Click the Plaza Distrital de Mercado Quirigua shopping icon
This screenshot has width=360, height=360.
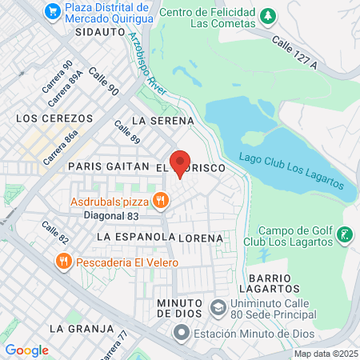coord(54,11)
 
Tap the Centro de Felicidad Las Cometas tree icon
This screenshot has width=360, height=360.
coord(270,15)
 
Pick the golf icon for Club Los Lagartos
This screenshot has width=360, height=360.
coord(344,234)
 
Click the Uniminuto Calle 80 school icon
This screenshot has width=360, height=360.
coord(218,308)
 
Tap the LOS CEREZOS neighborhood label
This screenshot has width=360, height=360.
coord(49,118)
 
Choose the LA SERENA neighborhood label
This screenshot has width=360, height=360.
coord(163,121)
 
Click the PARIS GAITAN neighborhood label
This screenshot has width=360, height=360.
coord(109,166)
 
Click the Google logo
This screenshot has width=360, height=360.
coord(26,350)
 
